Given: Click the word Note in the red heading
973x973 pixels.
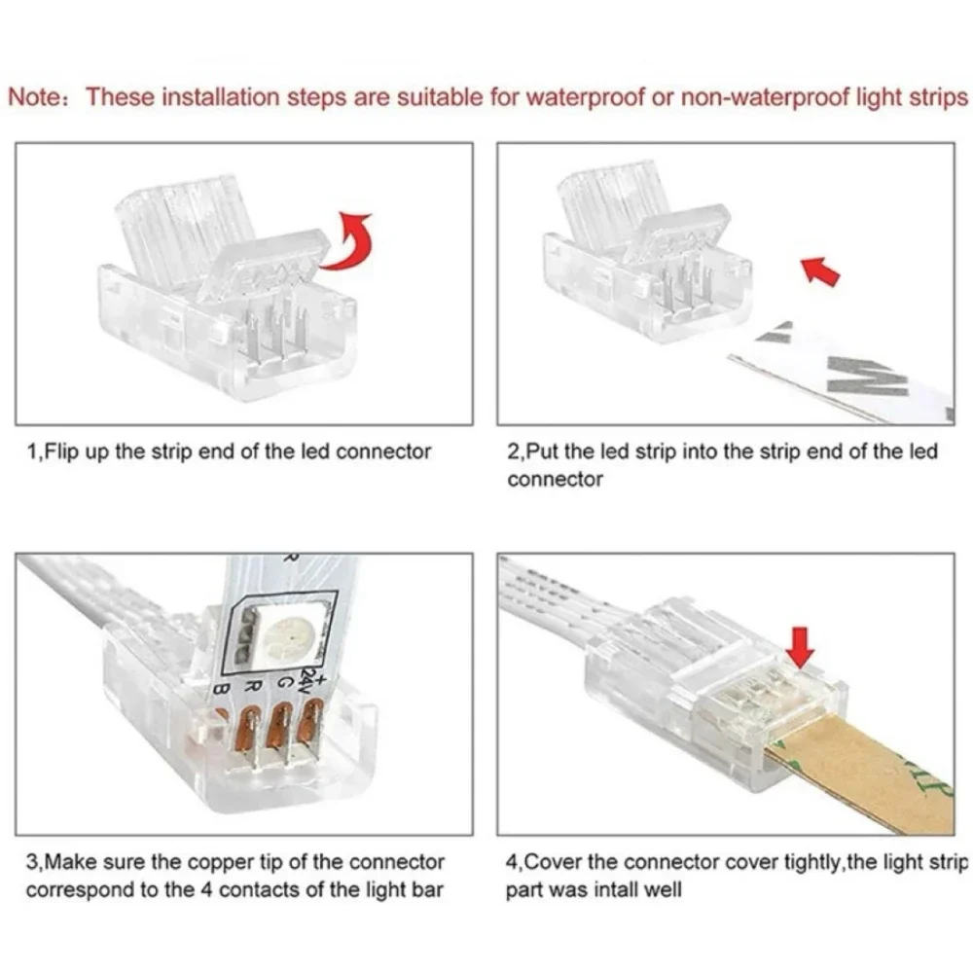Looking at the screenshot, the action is [x=33, y=98].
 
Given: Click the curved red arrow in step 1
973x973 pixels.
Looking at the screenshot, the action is [x=348, y=240].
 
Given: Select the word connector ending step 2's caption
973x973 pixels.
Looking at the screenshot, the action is [x=555, y=480].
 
